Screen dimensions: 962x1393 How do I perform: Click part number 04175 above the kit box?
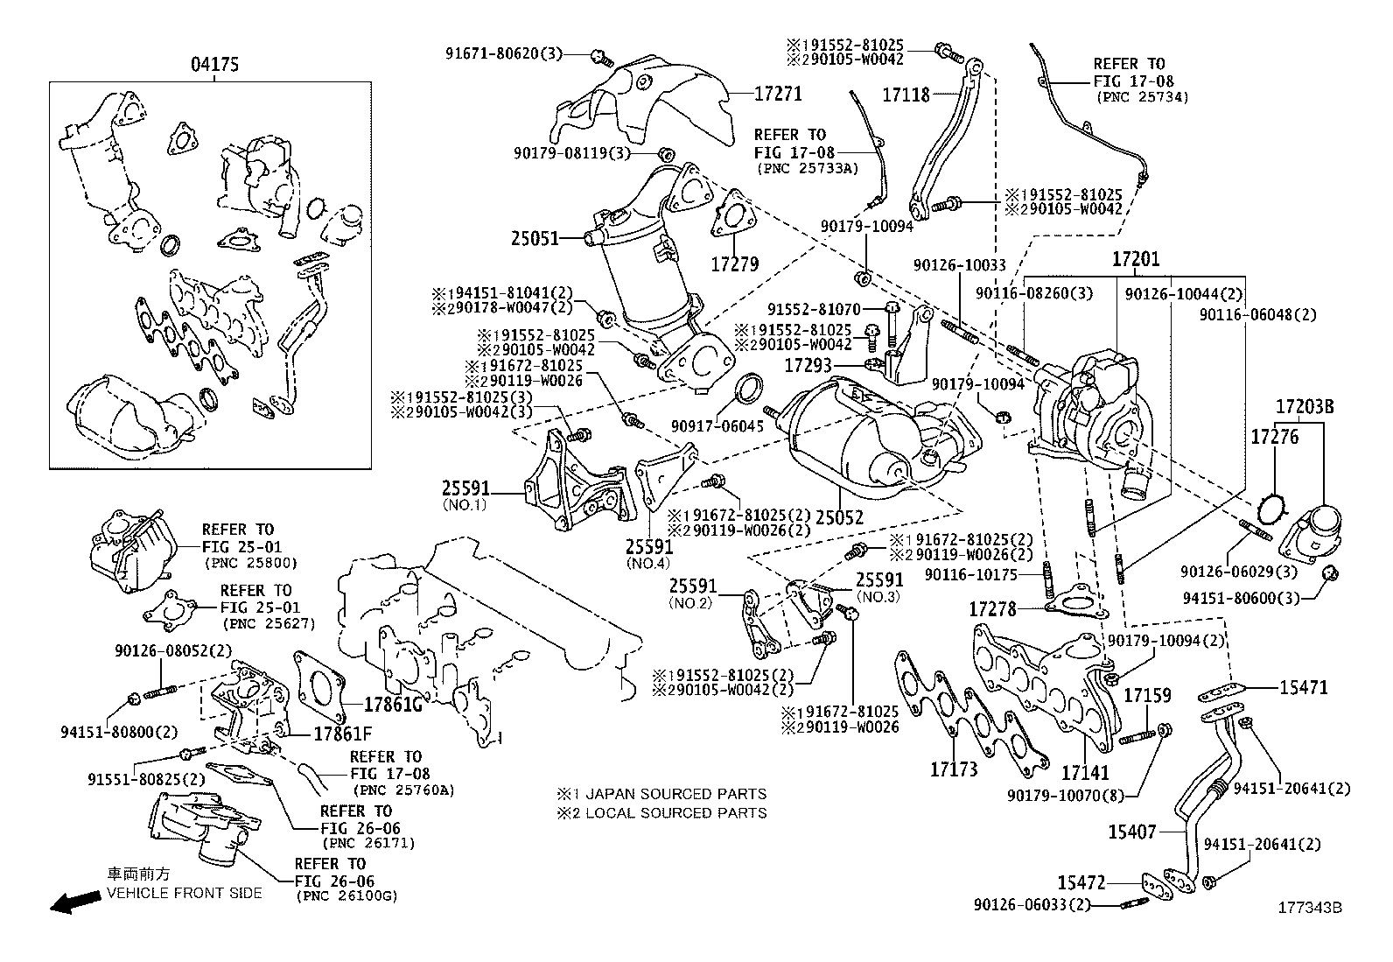click(215, 64)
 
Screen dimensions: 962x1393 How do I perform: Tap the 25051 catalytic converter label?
click(535, 237)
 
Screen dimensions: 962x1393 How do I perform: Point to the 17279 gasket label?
click(733, 263)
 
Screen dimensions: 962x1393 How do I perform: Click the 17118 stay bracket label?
click(906, 95)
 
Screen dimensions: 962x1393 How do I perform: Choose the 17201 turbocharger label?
click(1136, 259)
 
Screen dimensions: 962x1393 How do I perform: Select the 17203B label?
click(1304, 406)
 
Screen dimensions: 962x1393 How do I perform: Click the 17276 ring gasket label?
click(1274, 435)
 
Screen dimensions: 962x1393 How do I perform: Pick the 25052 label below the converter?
click(839, 517)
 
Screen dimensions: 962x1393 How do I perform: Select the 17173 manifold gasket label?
click(953, 769)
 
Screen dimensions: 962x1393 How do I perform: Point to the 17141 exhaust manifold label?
click(1085, 773)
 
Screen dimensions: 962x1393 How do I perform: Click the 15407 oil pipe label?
click(1132, 832)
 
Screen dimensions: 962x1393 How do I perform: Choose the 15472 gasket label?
click(1081, 882)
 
